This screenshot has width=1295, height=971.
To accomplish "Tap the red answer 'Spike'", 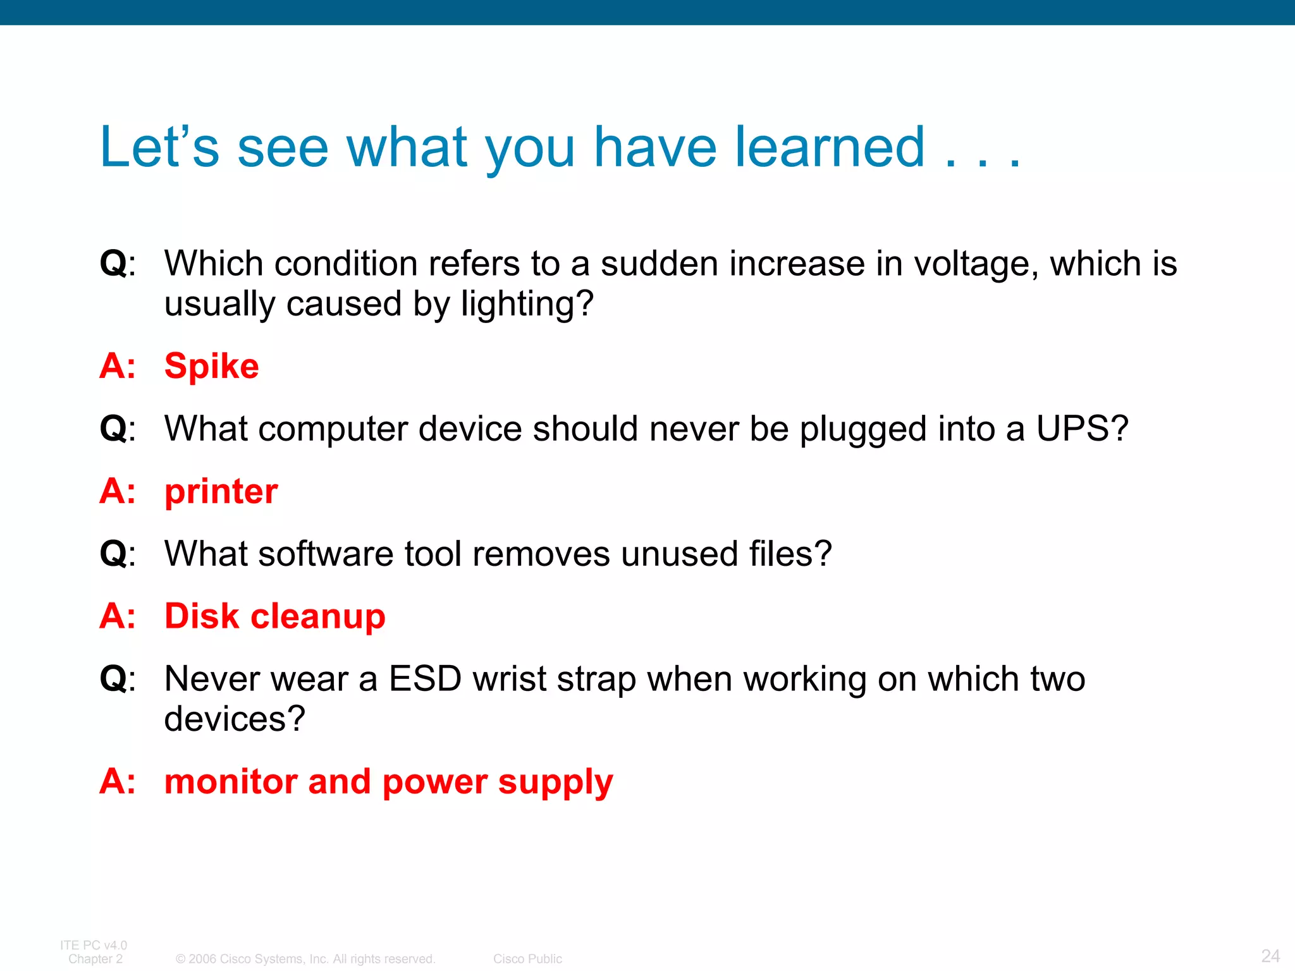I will (x=211, y=366).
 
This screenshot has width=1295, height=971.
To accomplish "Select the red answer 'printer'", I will (x=221, y=492).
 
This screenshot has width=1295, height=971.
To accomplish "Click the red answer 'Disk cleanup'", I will (x=274, y=616).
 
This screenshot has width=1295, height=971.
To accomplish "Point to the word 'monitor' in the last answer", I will (x=231, y=782).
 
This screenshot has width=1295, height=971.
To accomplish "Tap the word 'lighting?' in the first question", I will (x=527, y=305).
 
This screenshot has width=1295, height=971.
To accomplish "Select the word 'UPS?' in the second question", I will (x=1082, y=429).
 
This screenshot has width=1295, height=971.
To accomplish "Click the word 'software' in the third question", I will (x=326, y=554).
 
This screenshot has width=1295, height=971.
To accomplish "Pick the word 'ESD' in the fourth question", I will (x=425, y=679).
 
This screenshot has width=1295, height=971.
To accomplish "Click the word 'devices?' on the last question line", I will (x=235, y=719).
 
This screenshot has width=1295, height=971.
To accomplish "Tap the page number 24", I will (x=1270, y=955).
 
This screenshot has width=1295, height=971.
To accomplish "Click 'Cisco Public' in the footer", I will (x=527, y=959).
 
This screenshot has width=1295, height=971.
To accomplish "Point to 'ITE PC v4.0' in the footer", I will (x=94, y=945).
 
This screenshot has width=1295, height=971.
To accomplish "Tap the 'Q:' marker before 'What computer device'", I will (x=118, y=429).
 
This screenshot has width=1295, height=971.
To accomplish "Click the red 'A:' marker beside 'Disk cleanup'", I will (x=118, y=616).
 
